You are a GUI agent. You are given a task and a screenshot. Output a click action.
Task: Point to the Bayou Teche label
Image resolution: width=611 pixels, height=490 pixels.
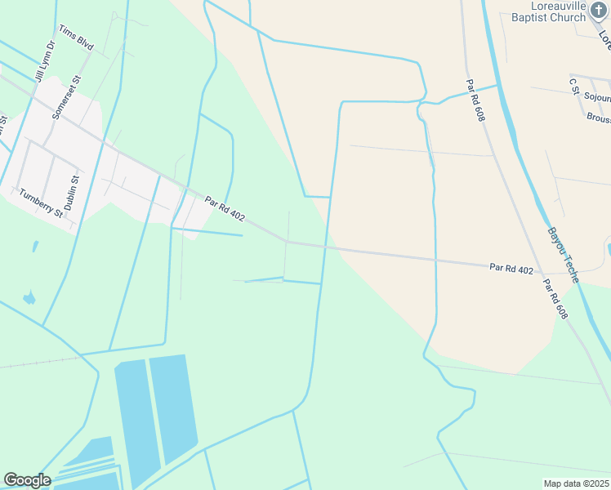[563, 255]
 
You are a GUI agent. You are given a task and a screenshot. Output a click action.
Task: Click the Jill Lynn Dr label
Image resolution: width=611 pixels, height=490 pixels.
[45, 62]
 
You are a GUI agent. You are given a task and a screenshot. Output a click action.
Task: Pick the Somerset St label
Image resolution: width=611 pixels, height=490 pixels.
[67, 98]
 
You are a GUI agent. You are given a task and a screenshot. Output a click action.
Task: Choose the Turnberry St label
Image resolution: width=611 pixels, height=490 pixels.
[41, 202]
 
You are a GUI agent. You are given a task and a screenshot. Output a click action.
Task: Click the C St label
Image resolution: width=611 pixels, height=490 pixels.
[574, 85]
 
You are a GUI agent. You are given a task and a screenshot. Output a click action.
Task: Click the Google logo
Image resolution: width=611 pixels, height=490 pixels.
[27, 480]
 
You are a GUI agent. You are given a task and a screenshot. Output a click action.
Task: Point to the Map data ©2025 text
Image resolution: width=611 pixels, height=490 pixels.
[576, 483]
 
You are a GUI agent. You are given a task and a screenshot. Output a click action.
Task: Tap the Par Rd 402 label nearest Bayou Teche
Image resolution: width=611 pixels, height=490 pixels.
[511, 269]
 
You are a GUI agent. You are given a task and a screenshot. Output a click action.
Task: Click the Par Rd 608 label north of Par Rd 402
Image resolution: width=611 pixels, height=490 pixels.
[475, 100]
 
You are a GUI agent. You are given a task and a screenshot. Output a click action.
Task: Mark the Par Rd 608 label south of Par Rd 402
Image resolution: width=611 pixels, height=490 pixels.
[555, 300]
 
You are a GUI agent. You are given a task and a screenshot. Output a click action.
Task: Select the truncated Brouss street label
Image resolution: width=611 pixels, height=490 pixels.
[598, 118]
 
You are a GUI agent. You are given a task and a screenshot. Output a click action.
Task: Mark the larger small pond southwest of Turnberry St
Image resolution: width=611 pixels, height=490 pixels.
[29, 298]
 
